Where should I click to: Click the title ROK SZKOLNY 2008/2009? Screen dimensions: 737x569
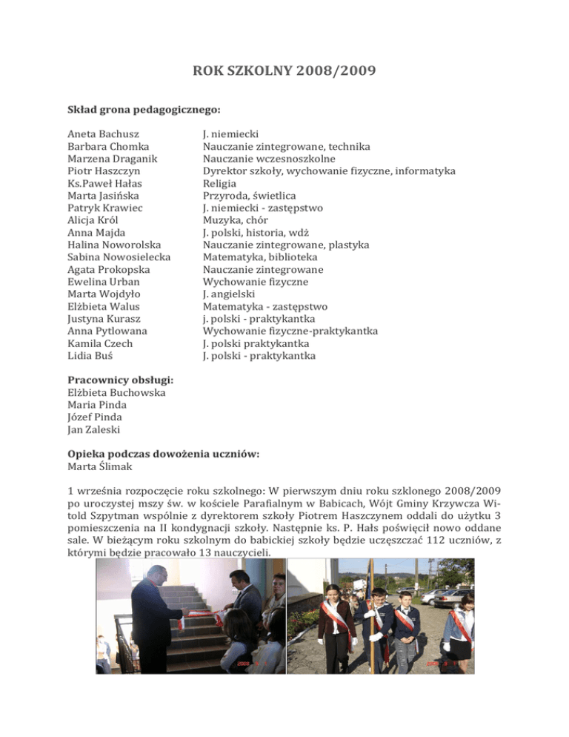(284, 73)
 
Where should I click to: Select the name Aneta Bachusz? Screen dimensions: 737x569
(104, 134)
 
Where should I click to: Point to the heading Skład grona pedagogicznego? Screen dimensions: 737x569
(144, 110)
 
